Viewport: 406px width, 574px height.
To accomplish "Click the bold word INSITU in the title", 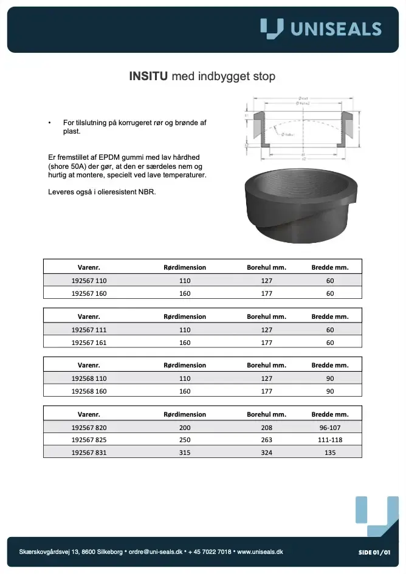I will point(149,77).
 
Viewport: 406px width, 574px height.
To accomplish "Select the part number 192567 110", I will point(89,281).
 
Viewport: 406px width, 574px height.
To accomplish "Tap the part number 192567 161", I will point(89,343).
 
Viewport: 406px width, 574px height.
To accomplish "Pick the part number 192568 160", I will point(89,391).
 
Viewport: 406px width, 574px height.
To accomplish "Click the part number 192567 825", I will point(89,440).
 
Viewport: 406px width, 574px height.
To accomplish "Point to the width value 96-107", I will point(330,428).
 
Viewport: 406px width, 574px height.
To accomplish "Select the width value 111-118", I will point(330,440).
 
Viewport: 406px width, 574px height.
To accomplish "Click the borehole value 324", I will point(266,453).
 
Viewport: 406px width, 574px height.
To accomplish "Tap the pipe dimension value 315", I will point(185,453).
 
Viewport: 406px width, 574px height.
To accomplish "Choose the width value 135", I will point(330,453).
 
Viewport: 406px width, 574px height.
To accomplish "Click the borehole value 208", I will point(266,428).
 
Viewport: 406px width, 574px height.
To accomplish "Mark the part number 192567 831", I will point(89,453).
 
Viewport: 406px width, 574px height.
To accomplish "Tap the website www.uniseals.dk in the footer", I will point(260,552).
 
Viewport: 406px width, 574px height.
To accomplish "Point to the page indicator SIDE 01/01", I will point(374,552).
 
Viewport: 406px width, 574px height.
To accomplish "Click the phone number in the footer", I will point(210,552).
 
